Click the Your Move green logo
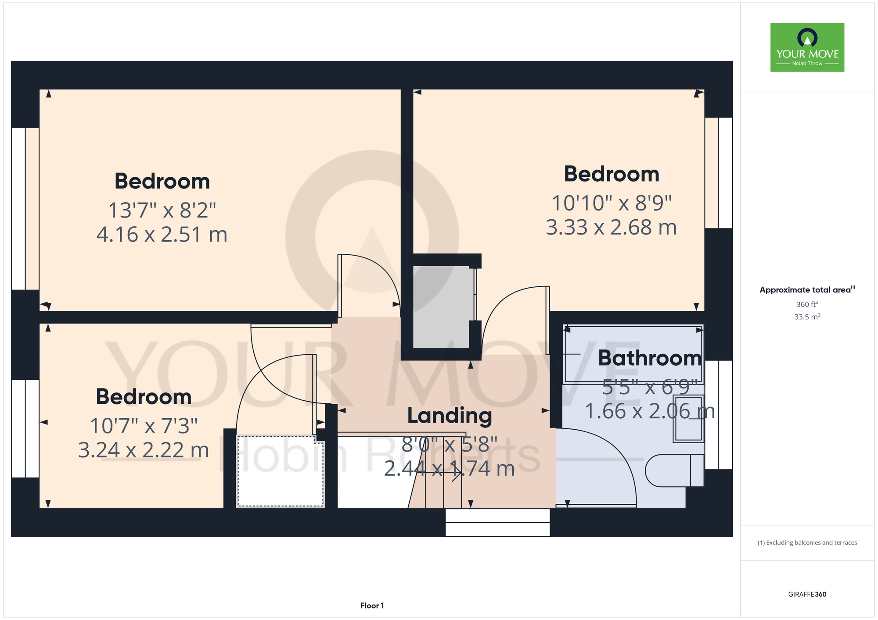(x=807, y=47)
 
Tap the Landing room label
(x=450, y=416)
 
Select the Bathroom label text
(x=650, y=358)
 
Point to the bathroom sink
(x=689, y=419)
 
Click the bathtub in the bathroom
(x=633, y=354)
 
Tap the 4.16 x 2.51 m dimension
(x=162, y=235)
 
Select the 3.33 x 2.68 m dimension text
(x=611, y=228)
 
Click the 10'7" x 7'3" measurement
(x=144, y=426)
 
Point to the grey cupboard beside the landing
(x=444, y=307)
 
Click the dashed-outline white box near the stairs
(x=281, y=471)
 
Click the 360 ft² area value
(x=807, y=304)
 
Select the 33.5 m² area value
(x=807, y=317)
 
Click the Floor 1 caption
(x=372, y=606)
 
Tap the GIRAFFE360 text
(x=807, y=595)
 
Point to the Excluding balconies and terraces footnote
(x=807, y=543)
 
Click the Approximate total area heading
(x=807, y=290)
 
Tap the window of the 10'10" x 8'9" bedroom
(x=719, y=173)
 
